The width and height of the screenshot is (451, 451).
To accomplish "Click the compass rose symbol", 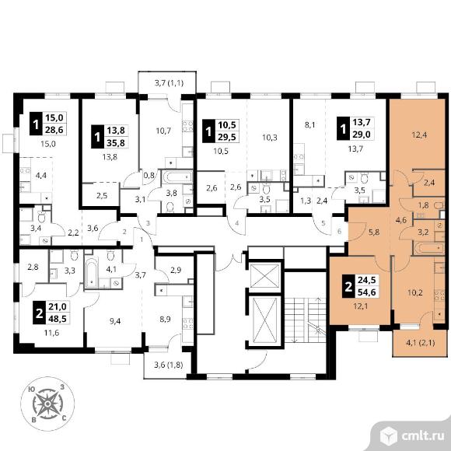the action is coord(47,404).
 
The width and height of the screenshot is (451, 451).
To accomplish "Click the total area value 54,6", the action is coord(366,292).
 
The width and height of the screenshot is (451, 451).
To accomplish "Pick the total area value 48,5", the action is coord(58,319).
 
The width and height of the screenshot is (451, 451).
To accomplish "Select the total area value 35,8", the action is coord(116,143).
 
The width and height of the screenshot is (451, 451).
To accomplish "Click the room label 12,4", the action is coord(418,135).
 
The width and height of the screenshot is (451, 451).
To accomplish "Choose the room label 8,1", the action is coord(309,125).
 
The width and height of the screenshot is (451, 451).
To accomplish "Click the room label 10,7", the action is coord(163,131).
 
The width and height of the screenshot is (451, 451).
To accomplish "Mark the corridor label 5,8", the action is coord(373,232).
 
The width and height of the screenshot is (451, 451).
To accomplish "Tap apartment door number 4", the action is coord(236,223).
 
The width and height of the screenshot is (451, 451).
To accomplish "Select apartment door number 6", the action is coord(339,231).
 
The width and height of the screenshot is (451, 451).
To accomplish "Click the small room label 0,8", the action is coord(149,175).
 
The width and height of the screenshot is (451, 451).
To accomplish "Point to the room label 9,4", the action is coord(115,321).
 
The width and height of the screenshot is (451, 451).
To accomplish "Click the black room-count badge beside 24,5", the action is coord(348,286).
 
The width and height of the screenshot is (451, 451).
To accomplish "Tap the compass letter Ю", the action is coord(32,389).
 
